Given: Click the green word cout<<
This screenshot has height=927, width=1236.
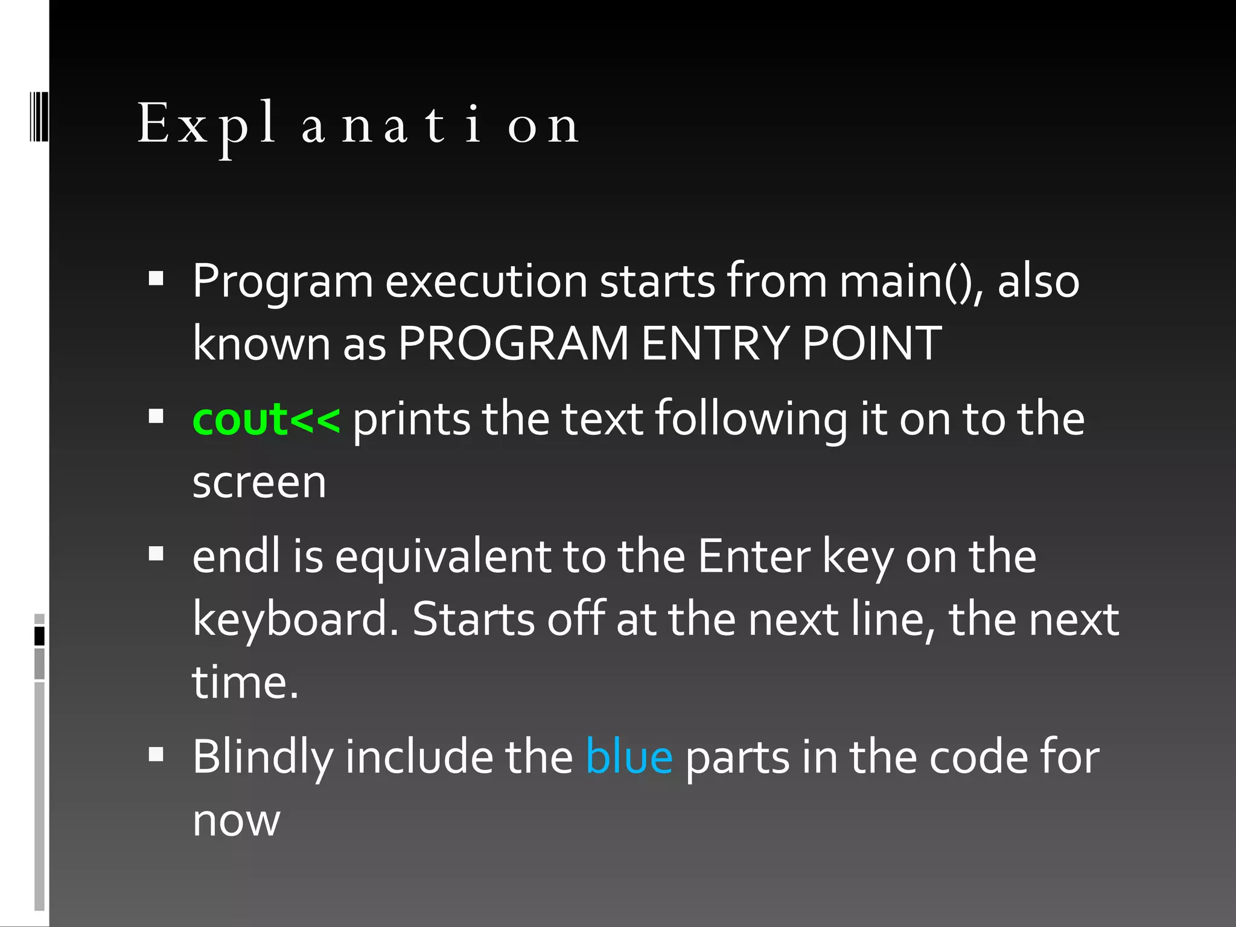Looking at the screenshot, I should point(266,419).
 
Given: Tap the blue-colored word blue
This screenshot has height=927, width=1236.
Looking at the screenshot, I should point(628,757).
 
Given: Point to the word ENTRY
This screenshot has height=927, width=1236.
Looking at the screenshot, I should point(715,343).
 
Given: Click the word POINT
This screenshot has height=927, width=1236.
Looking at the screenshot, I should point(871,343).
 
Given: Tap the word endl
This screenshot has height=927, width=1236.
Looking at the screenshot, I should point(236,556).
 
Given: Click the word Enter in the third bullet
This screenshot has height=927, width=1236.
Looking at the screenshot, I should point(754,556).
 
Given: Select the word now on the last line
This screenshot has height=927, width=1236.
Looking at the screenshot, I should point(236,821).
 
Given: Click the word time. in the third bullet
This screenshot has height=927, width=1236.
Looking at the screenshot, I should point(245,683).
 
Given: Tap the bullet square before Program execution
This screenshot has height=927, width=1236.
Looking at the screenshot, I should point(156,278).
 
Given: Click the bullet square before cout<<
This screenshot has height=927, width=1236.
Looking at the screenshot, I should point(156,416).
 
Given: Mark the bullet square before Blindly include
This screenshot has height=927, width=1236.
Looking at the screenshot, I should point(156,754).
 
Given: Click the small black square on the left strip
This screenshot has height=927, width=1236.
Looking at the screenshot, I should point(40,636).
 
